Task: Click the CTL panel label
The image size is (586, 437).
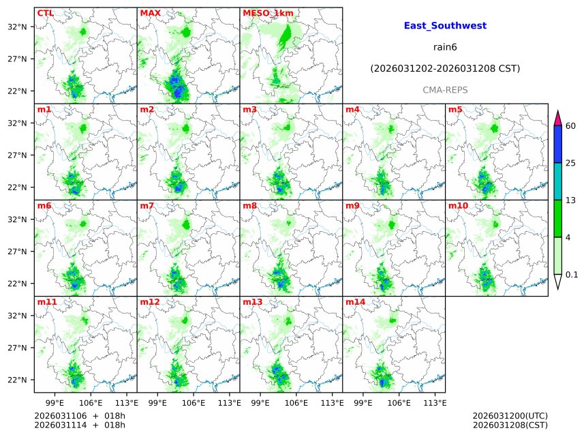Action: [45, 13]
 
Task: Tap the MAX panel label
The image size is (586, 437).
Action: [150, 13]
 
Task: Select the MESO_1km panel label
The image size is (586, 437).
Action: [268, 13]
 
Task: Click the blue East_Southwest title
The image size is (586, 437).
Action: [445, 26]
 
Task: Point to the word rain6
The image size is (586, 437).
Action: [445, 48]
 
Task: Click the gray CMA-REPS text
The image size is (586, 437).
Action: [445, 90]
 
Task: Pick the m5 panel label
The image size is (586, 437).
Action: [455, 110]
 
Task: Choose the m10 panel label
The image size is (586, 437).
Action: [458, 206]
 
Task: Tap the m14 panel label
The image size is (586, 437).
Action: [355, 302]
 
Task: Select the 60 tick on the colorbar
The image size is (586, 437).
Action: [571, 126]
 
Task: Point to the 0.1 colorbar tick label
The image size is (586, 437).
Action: [572, 275]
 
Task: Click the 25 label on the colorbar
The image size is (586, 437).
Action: [571, 163]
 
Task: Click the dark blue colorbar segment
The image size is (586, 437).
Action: [558, 145]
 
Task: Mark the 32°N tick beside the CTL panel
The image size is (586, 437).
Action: [18, 27]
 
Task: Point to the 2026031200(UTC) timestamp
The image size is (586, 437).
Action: [510, 416]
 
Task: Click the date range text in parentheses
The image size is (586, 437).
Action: [445, 69]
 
